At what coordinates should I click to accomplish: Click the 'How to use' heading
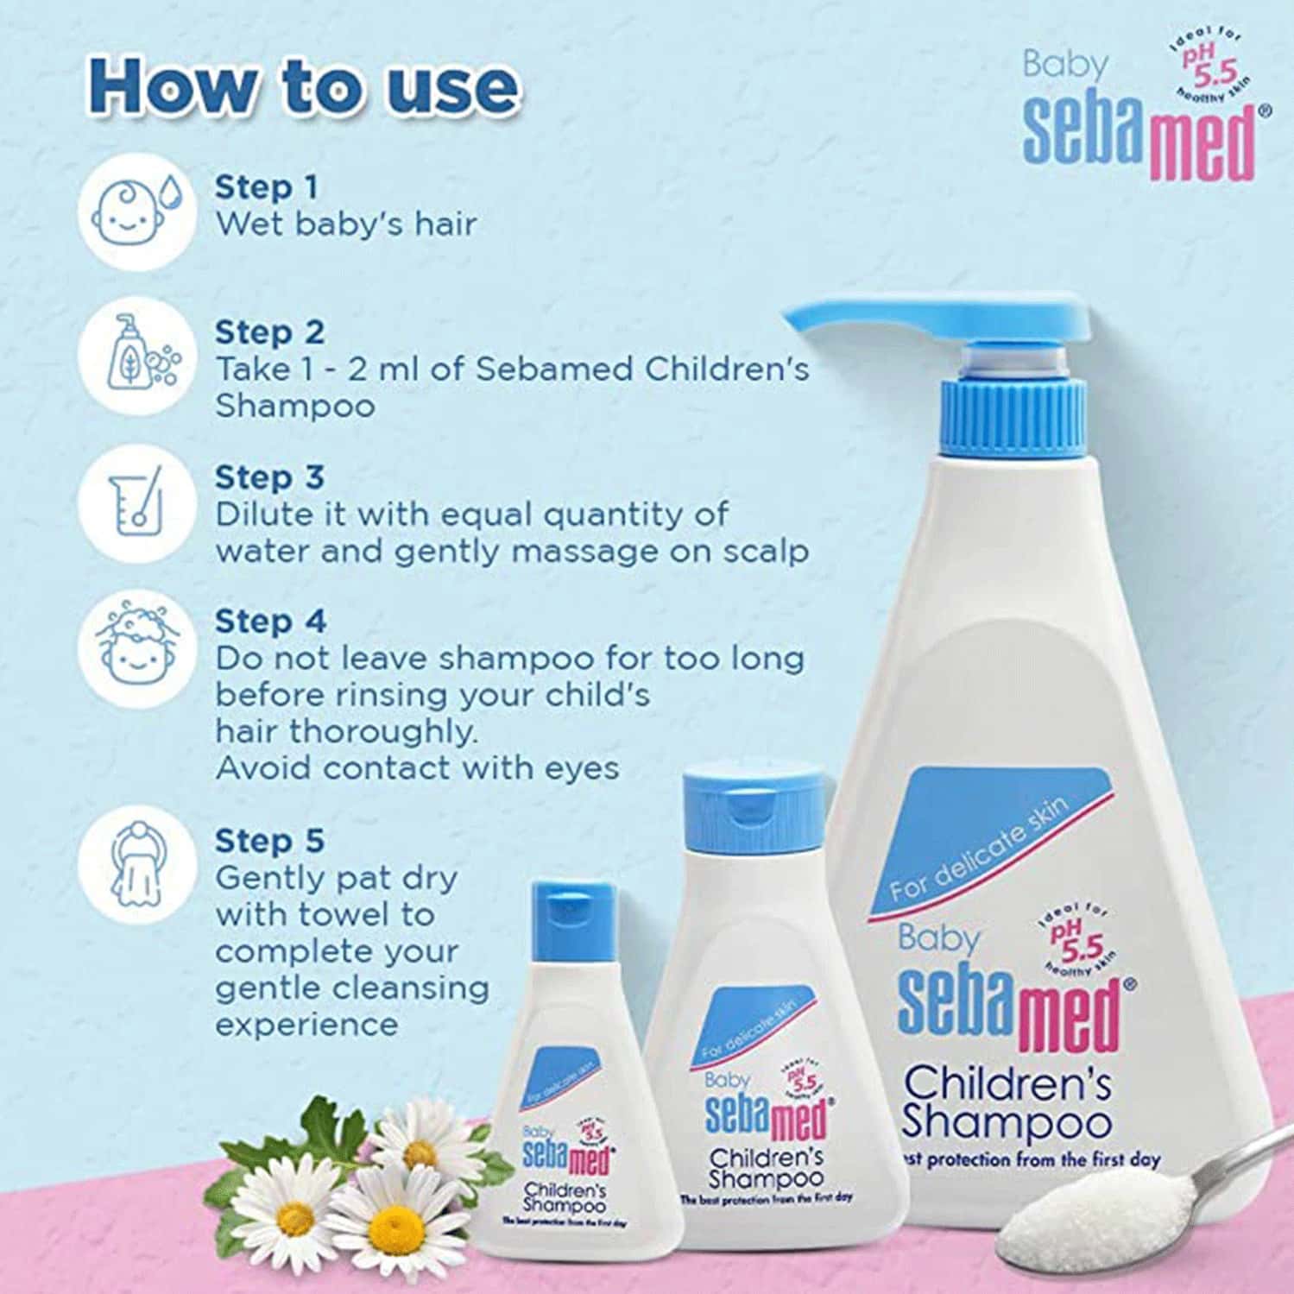click(304, 85)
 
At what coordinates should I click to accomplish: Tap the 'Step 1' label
click(266, 186)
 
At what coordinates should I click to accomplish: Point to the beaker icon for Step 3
click(135, 501)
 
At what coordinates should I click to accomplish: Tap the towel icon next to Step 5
click(135, 864)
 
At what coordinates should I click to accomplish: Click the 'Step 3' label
click(269, 477)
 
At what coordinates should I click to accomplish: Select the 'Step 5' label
click(269, 840)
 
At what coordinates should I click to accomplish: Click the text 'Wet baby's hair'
click(345, 224)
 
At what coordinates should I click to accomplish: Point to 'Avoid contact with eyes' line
click(417, 767)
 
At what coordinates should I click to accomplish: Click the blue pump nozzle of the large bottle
click(941, 320)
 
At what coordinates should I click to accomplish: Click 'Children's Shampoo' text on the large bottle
click(1007, 1101)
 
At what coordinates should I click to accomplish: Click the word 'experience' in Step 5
click(306, 1025)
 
